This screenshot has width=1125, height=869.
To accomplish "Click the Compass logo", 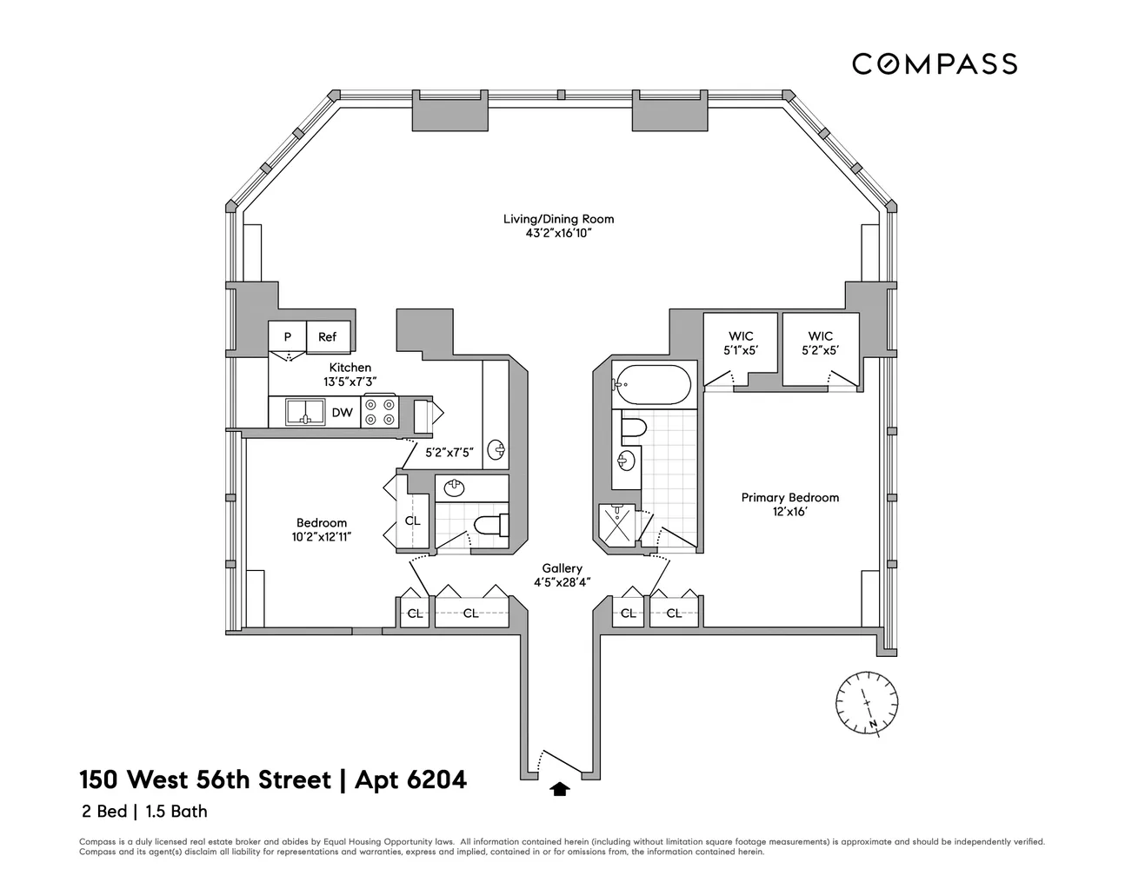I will pos(934,63).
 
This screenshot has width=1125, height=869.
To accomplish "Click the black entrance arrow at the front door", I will pos(561,789).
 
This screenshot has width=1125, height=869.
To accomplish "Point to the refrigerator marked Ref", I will pos(328,337).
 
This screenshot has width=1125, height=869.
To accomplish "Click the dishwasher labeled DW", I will pos(342,413).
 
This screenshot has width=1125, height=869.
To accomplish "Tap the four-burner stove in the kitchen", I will pos(380,411).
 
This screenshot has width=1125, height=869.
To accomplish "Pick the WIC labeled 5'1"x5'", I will pos(741,343).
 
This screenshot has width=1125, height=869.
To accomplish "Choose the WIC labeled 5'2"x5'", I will pos(820,343).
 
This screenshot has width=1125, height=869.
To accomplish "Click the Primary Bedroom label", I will pos(789,498).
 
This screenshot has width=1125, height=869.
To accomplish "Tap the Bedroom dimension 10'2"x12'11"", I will pos(322,536).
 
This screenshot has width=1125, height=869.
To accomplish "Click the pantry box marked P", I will pos(287,337).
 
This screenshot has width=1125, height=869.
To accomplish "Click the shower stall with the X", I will pos(618,525).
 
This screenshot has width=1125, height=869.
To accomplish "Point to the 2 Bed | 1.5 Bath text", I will pos(143,813).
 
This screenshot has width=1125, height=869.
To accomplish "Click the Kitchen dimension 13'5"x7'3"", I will pos(349,381).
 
